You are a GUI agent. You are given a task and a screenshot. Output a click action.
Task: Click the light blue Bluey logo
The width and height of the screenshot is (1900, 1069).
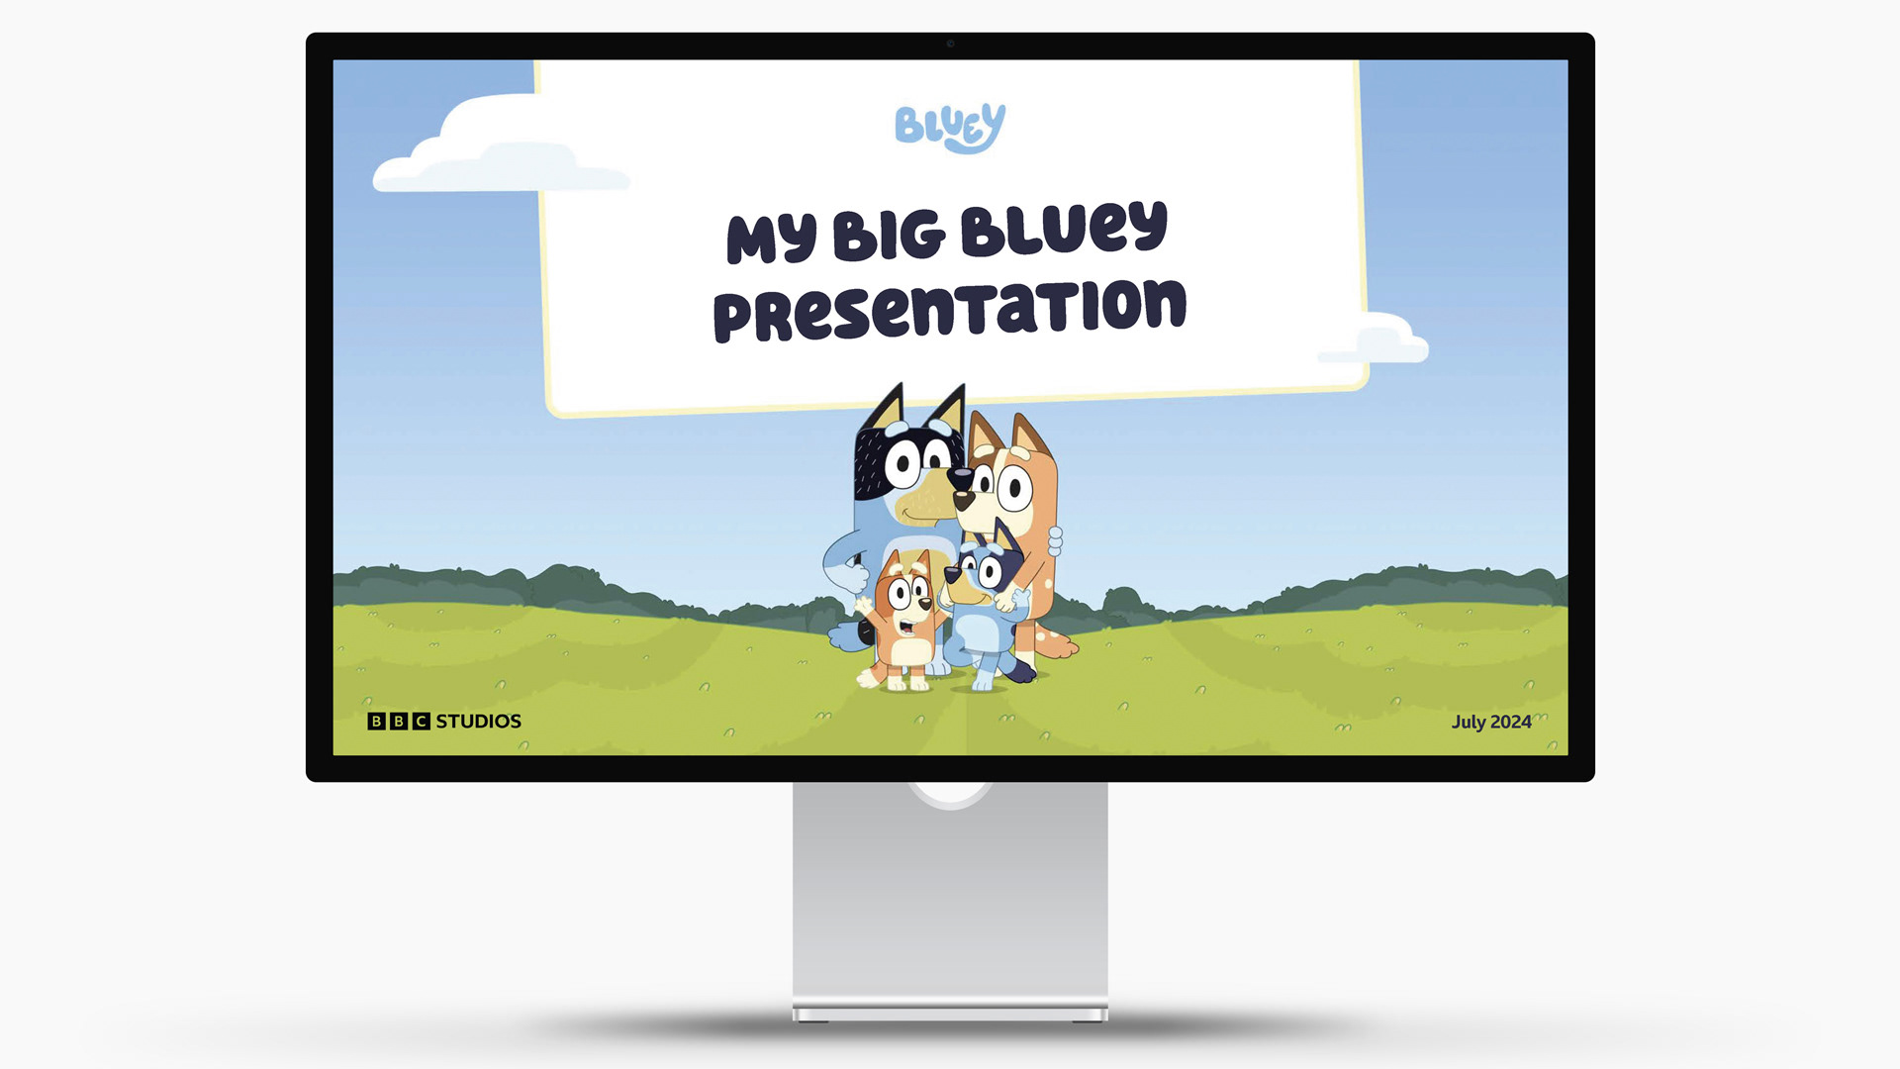pos(950,128)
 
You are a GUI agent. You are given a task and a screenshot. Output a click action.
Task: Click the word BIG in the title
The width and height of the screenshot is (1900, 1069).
pos(889,236)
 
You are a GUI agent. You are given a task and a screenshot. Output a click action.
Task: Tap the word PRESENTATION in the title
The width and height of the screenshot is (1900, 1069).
pos(949,310)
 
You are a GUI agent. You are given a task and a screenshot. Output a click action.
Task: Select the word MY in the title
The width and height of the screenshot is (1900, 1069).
pos(772,239)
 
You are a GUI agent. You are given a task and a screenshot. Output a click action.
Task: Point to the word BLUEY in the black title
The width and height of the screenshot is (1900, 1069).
pos(1065,229)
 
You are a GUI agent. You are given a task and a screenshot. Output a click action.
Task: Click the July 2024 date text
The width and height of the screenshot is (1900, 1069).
pos(1491,723)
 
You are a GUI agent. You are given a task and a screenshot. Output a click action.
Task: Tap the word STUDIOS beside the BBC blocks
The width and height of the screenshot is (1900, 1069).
pos(479,722)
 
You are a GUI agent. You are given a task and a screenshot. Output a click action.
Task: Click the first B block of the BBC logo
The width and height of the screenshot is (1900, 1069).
pos(376,722)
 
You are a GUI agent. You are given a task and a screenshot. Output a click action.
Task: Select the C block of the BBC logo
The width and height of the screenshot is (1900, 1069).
pos(422,722)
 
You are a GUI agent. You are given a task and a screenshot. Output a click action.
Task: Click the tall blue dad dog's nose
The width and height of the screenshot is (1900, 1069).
pos(960,478)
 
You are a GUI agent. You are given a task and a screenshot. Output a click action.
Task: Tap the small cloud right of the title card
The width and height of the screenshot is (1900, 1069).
pos(1380,340)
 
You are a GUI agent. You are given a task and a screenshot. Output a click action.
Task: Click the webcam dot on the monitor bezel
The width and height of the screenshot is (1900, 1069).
pos(950,44)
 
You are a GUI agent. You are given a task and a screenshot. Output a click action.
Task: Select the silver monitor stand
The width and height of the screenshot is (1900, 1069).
pos(950,901)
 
